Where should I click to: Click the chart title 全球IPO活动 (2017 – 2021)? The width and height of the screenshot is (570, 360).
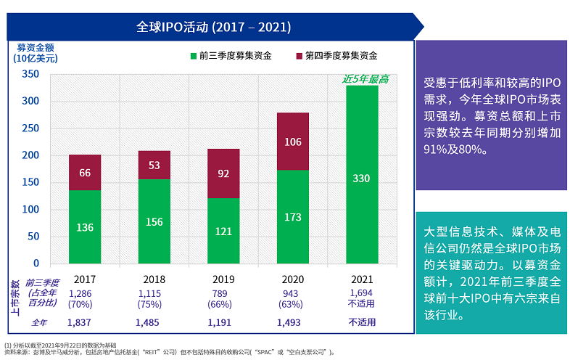point(214,27)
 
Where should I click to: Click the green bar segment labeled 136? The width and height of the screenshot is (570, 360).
point(85,227)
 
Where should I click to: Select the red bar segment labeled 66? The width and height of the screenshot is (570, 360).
point(85,172)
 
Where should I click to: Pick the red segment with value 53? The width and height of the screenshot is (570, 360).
point(154,165)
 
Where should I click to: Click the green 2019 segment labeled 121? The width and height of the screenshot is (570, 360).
point(223,232)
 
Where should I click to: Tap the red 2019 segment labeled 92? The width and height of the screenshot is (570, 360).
point(223,173)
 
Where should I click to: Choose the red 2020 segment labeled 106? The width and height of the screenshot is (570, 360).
point(292,142)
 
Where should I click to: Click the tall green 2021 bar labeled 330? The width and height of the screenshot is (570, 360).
point(361,178)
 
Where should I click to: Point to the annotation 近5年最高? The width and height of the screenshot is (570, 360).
point(365,79)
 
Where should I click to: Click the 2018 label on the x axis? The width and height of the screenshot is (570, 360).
point(154,279)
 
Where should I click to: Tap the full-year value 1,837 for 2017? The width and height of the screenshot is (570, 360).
point(79,322)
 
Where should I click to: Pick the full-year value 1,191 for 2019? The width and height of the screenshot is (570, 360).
point(220,322)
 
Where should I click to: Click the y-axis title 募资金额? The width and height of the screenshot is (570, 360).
point(36,47)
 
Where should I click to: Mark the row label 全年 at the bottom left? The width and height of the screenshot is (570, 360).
point(40,322)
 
